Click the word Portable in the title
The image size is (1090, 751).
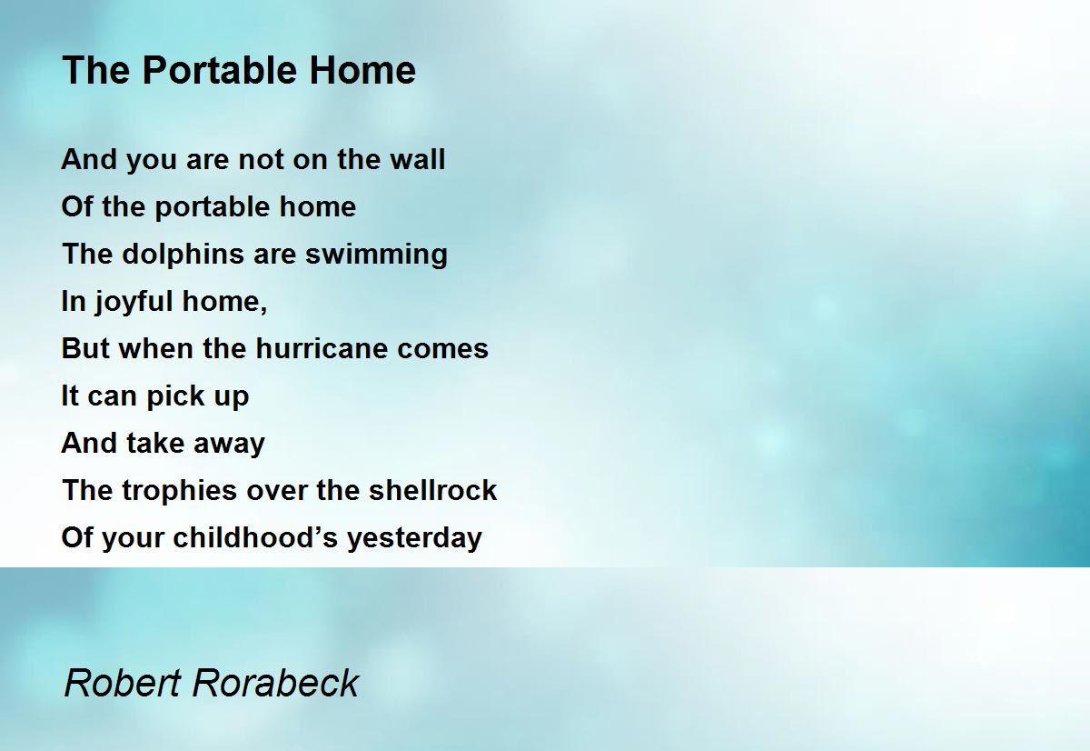[x=220, y=70]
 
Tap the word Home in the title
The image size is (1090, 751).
[x=362, y=70]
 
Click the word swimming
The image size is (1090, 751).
[x=376, y=255]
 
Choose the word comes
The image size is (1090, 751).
[x=442, y=349]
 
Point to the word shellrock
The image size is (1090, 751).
[x=432, y=490]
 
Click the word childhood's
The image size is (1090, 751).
[x=255, y=537]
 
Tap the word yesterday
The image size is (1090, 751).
[x=414, y=538]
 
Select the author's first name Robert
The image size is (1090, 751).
[x=123, y=683]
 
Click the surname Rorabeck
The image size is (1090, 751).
[x=276, y=683]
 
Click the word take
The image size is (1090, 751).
[x=154, y=443]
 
